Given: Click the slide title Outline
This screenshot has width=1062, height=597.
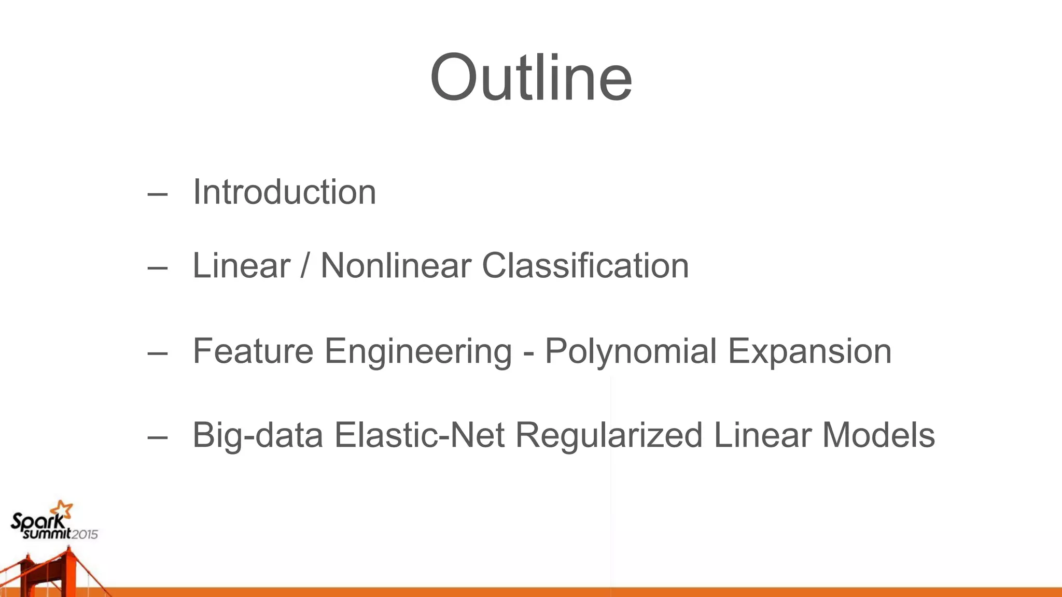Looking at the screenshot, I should coord(531,78).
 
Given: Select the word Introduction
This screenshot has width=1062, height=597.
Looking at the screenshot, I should coord(284,192).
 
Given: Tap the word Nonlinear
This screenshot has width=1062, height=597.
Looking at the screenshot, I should coord(395,266).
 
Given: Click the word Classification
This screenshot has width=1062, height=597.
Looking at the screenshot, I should coord(585,266).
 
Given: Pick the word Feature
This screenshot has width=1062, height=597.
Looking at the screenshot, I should coord(253,351).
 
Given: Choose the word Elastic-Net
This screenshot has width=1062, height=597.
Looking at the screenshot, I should coord(419,435).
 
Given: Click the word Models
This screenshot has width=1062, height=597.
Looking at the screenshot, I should coord(878,435).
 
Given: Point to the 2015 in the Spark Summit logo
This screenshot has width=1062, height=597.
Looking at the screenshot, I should coord(84,534).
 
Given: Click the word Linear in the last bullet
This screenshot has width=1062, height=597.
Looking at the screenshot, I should coord(762,435).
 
